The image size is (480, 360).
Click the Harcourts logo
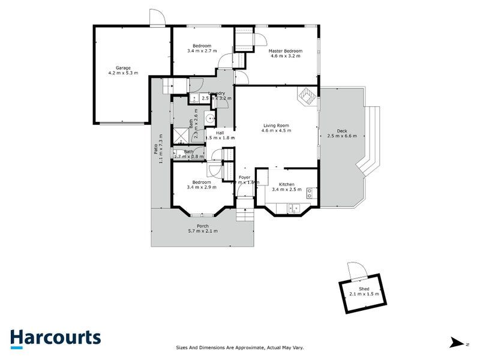[55, 337]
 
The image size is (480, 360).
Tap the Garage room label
[122, 68]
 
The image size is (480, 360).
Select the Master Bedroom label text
[285, 51]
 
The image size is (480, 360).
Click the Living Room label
[276, 125]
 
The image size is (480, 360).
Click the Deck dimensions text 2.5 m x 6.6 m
[342, 136]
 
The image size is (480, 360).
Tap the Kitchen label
[283, 184]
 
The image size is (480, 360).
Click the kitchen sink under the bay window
[292, 208]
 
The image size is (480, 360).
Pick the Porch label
[203, 226]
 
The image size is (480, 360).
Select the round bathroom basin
[210, 119]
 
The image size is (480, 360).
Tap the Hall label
[220, 133]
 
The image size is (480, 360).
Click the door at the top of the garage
[157, 18]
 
